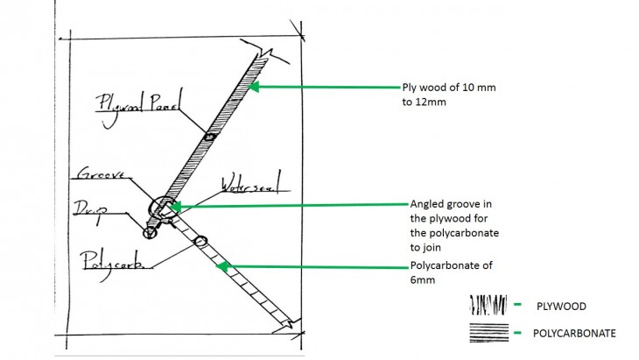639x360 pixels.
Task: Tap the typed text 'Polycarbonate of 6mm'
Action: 447,273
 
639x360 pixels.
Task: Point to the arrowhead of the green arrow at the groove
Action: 176,208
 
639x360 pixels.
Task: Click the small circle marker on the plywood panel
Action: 208,137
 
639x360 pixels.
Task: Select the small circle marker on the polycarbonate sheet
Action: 200,241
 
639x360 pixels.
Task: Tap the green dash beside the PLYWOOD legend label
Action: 519,306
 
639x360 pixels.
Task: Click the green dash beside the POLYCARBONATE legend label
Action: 519,334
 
